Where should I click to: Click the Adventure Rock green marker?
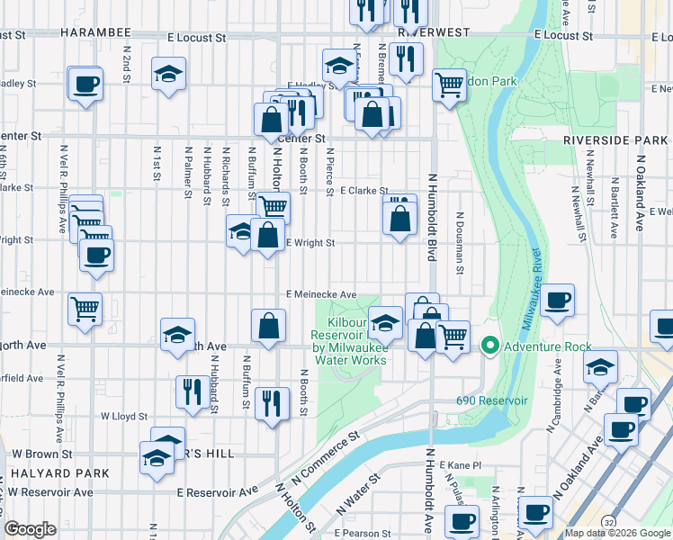(x=490, y=346)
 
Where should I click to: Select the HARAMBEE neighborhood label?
(x=96, y=31)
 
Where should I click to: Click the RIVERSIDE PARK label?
(x=615, y=140)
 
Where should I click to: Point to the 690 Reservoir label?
(x=489, y=400)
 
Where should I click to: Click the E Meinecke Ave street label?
(x=321, y=294)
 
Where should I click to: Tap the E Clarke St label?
(x=364, y=191)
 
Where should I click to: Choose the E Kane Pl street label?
(x=462, y=464)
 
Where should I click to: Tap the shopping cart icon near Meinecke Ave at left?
(x=85, y=309)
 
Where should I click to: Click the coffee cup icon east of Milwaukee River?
(x=558, y=300)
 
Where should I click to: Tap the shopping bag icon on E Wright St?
(x=268, y=236)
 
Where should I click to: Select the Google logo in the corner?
(x=30, y=529)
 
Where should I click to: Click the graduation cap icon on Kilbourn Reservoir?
(x=385, y=322)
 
